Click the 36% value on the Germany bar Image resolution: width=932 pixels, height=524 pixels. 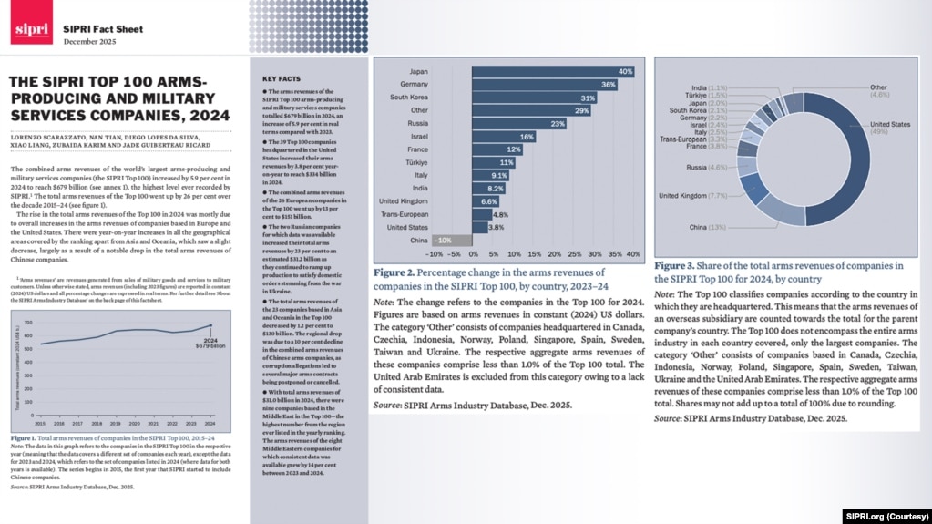[609, 85]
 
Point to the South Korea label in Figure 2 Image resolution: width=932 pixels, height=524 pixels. [410, 98]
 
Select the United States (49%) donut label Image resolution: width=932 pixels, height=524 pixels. [891, 128]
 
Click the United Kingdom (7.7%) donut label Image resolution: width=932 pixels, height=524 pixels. [691, 195]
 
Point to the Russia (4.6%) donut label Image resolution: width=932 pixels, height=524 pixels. [707, 168]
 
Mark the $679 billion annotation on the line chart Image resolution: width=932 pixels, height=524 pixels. [211, 344]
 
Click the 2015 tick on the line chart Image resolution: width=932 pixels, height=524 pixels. [41, 422]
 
